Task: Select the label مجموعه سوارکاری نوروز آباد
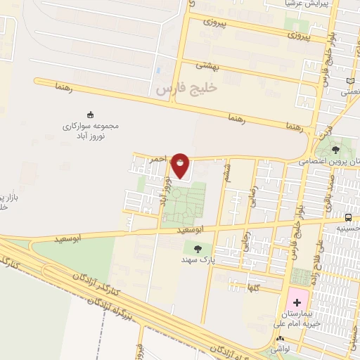(x=91, y=130)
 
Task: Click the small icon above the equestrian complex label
(x=90, y=115)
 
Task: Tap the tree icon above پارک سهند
(x=197, y=247)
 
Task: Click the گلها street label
(x=252, y=287)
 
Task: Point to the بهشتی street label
(x=207, y=66)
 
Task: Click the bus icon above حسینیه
(x=349, y=217)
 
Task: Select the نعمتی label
(x=349, y=92)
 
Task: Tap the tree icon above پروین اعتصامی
(x=335, y=149)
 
